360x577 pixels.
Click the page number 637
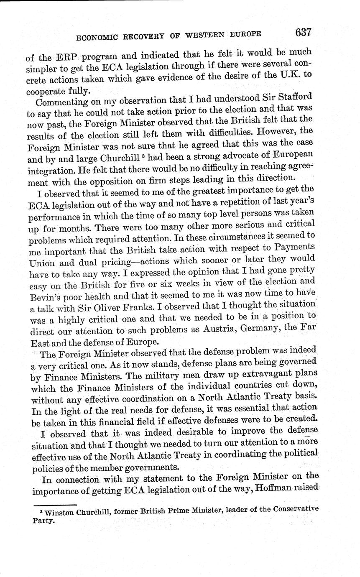click(x=304, y=33)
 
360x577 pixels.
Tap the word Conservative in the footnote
click(x=296, y=509)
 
